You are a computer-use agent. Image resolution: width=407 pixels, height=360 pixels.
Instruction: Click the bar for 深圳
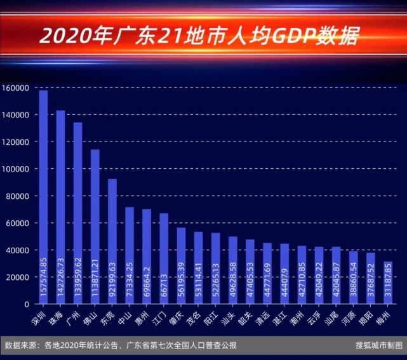tap(43, 197)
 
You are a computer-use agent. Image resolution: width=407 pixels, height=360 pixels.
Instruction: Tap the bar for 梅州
tap(387, 283)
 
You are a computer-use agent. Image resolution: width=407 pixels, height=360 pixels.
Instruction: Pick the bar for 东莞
tap(112, 241)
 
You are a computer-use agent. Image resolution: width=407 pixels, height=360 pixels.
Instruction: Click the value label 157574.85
tap(43, 279)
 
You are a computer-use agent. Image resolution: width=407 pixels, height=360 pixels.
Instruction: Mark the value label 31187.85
tap(387, 287)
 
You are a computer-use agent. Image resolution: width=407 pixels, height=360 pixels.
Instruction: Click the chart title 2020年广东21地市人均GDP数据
tap(199, 36)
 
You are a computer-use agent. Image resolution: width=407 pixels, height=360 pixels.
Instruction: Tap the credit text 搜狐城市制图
tap(377, 346)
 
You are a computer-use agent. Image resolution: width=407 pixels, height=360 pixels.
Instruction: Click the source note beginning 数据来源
tap(121, 346)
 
